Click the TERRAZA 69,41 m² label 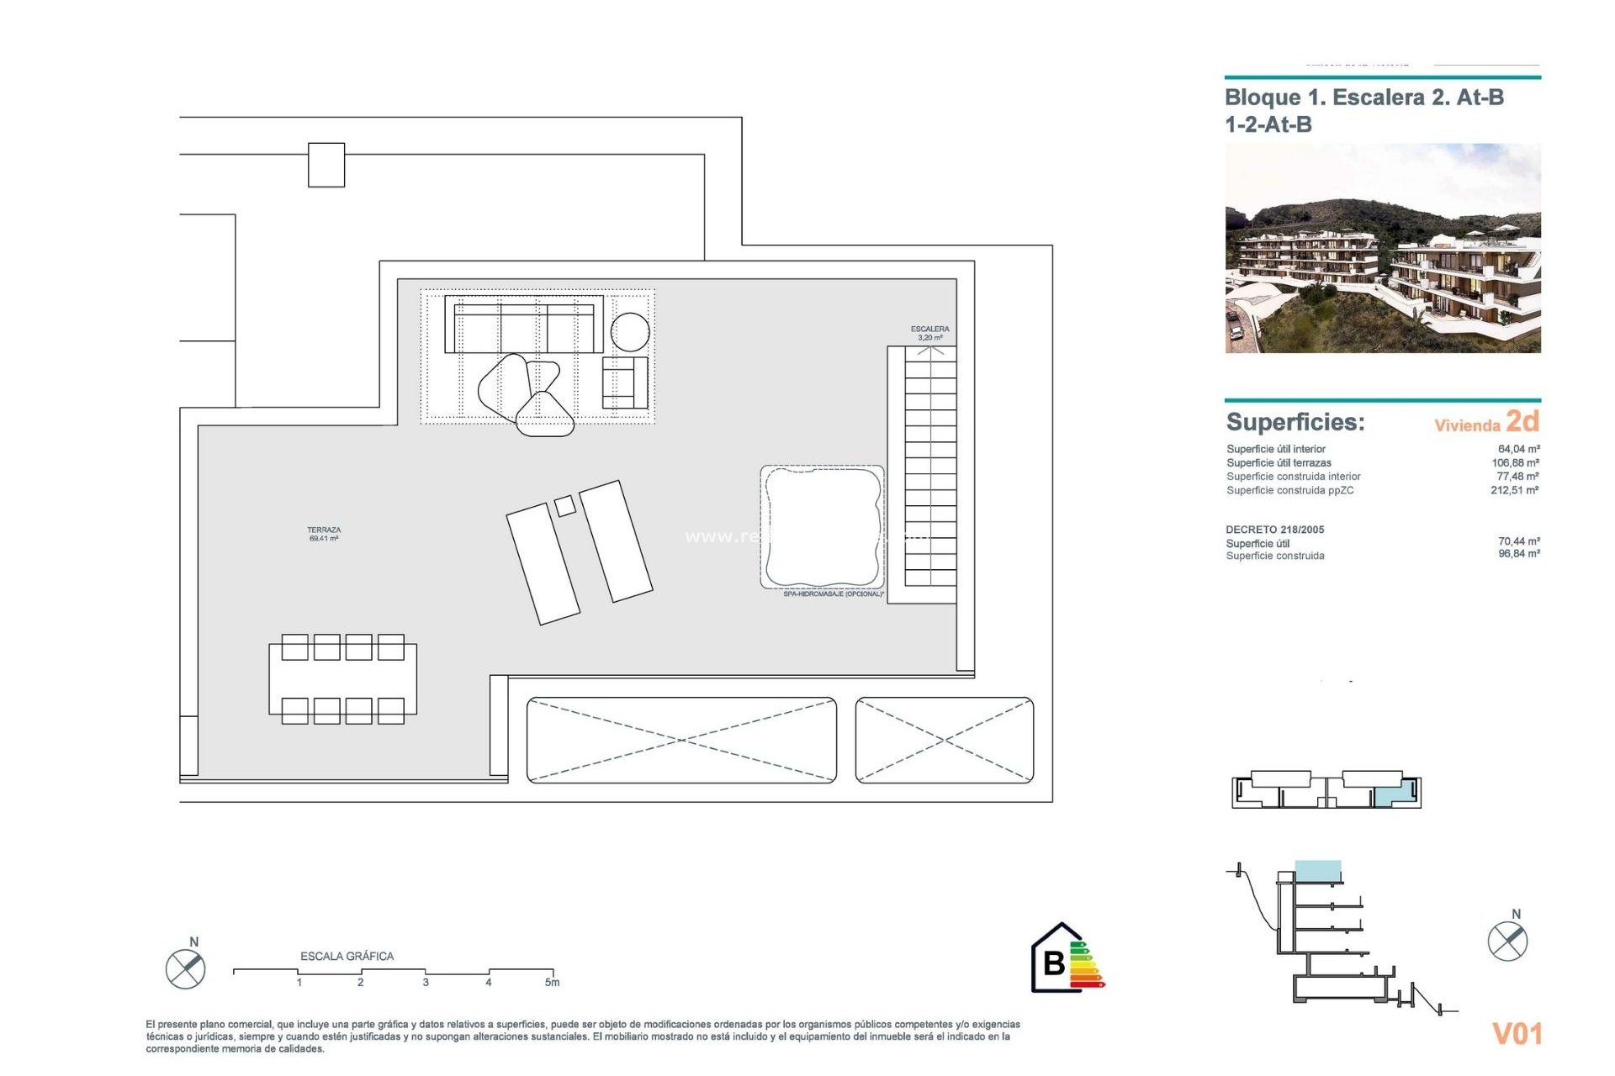click(324, 534)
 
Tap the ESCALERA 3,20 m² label click(929, 333)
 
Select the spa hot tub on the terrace click(822, 527)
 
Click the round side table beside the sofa click(630, 331)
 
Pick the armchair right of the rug click(624, 382)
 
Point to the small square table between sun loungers click(565, 505)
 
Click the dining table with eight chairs click(342, 679)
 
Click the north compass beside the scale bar click(186, 968)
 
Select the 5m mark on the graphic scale click(552, 981)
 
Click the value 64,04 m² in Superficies click(1518, 449)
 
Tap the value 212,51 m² click(1514, 490)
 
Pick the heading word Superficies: click(1295, 422)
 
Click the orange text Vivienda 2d click(1486, 422)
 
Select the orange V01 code click(1517, 1033)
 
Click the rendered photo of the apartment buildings click(1382, 248)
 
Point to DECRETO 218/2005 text click(1274, 530)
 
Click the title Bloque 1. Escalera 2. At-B click(1363, 98)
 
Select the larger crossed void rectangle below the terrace click(681, 740)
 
